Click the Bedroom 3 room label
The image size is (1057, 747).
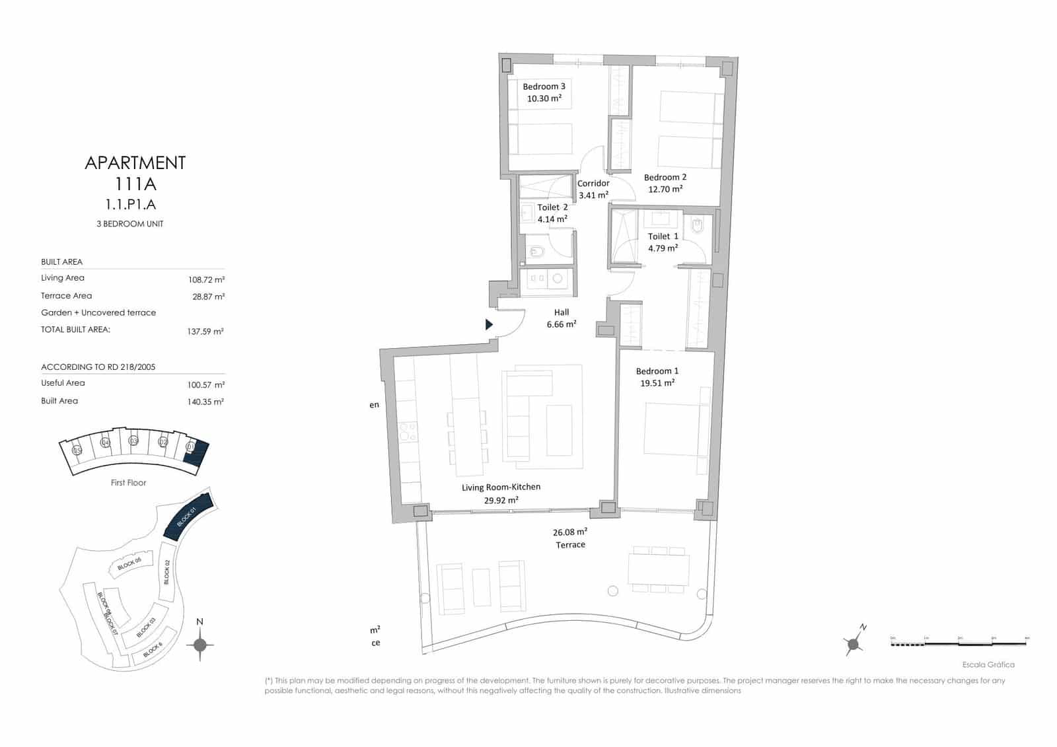(x=544, y=87)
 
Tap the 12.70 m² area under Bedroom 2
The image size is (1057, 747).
(x=665, y=190)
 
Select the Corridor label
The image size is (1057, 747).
(x=593, y=184)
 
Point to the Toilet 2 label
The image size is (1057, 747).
(x=552, y=207)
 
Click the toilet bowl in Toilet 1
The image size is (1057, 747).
(x=698, y=227)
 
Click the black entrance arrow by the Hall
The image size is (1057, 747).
(x=489, y=324)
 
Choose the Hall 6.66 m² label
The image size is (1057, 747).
(x=562, y=318)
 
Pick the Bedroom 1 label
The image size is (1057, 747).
(x=657, y=371)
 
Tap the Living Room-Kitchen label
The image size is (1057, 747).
(x=501, y=487)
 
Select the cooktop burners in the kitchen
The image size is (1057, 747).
(x=408, y=431)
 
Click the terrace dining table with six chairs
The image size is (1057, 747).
(x=659, y=569)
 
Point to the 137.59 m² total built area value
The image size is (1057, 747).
(x=205, y=332)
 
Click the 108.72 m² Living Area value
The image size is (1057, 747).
(x=206, y=280)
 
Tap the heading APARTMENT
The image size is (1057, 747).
(x=135, y=162)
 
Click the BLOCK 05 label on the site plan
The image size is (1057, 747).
(x=129, y=563)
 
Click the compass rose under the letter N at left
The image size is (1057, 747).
(x=200, y=645)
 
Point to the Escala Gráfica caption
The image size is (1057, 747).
(x=988, y=665)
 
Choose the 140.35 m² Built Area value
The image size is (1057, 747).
(x=205, y=402)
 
